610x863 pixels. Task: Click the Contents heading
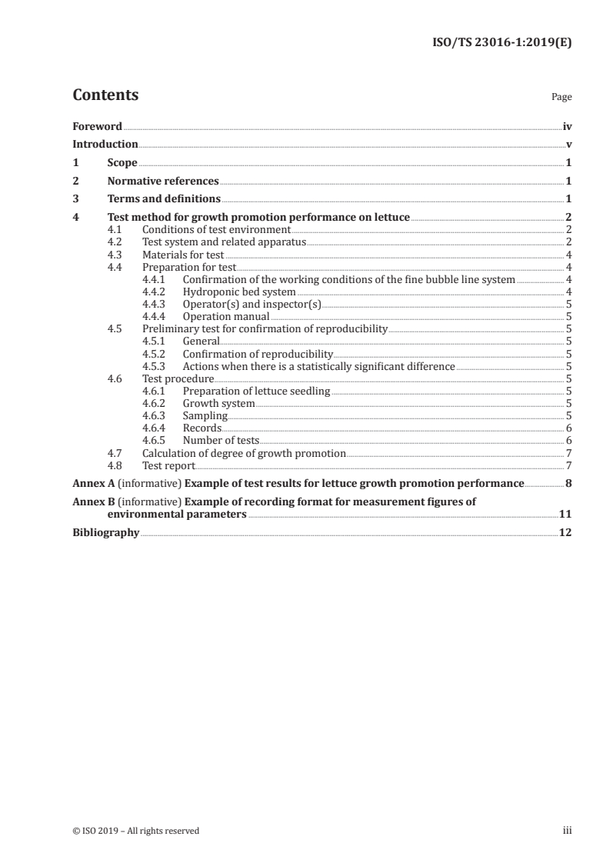[x=105, y=95]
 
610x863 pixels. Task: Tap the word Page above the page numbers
[x=562, y=98]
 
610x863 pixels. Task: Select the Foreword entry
[x=97, y=126]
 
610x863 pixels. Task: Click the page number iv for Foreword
[x=567, y=126]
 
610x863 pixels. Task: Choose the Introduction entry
[x=105, y=145]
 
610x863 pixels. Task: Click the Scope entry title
[x=122, y=163]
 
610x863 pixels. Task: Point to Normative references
[x=163, y=182]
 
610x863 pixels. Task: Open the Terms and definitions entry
[x=164, y=200]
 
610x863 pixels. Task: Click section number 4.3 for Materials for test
[x=115, y=255]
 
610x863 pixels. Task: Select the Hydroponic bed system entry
[x=239, y=292]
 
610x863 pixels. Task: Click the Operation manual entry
[x=226, y=316]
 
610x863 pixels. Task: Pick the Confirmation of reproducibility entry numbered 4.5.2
[x=258, y=354]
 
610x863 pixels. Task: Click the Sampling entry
[x=205, y=416]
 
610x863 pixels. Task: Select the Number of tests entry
[x=221, y=441]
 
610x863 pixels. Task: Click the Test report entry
[x=169, y=465]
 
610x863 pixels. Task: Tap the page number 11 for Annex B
[x=565, y=515]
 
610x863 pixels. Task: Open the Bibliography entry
[x=106, y=532]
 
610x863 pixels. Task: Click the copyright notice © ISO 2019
[x=135, y=831]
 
